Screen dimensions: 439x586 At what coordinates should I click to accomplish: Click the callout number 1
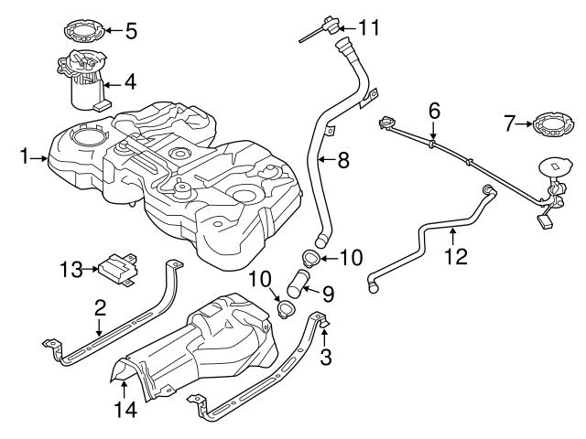[x=25, y=157]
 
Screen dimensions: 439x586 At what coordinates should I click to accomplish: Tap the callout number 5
[x=131, y=31]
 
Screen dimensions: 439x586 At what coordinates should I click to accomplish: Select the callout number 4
[x=130, y=81]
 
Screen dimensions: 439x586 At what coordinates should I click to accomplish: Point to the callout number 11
[x=369, y=27]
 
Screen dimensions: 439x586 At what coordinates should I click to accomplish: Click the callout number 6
[x=434, y=112]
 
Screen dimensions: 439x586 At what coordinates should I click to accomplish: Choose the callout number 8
[x=342, y=160]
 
